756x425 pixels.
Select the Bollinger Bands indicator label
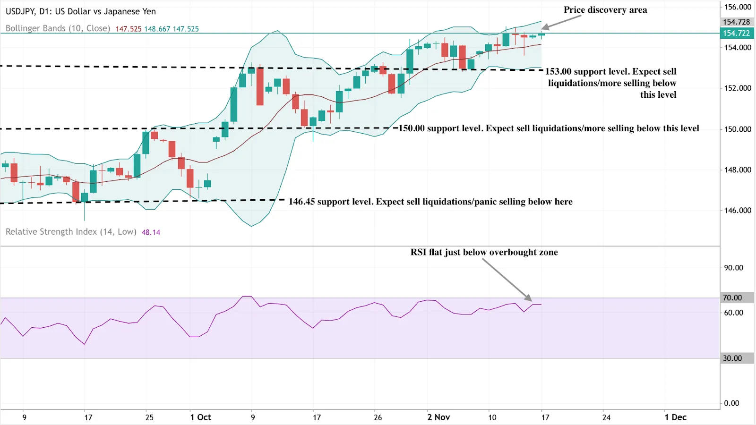58,28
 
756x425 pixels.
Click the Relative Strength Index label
71,232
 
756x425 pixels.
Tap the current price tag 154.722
736,33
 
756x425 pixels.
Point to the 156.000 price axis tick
737,7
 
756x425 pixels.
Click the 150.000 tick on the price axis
737,129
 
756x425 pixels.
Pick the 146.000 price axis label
737,210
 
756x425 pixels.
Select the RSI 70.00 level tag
732,297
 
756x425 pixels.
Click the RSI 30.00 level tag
732,358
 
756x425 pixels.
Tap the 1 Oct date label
200,417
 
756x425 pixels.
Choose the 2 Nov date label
438,417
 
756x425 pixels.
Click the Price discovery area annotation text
605,10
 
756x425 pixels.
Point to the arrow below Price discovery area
561,22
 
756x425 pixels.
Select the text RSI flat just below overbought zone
484,252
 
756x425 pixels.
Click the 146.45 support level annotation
430,202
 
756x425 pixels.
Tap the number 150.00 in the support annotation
412,128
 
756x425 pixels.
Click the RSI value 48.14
151,232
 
